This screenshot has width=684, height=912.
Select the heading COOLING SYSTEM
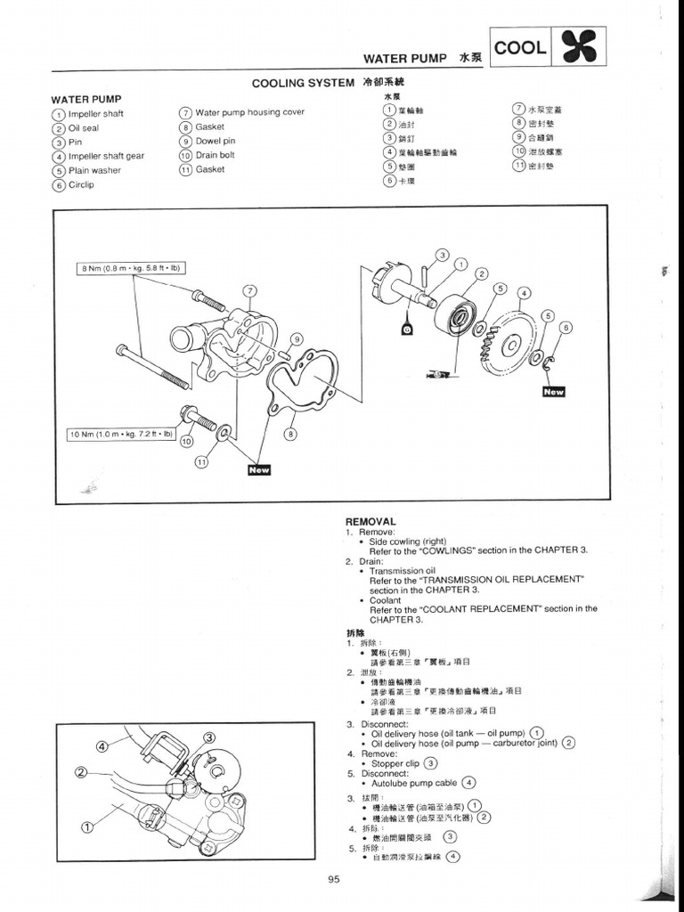click(303, 83)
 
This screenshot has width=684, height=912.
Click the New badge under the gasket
click(258, 469)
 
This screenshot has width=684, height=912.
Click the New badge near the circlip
click(553, 391)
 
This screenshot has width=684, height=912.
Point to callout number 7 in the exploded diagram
click(250, 291)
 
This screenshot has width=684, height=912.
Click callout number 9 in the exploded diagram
click(297, 338)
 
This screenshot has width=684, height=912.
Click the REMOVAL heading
click(370, 521)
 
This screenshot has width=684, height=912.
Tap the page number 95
click(334, 880)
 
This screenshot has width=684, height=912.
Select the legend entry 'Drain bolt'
click(215, 155)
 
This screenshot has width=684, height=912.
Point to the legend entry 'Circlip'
click(81, 185)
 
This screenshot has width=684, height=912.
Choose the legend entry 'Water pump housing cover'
click(249, 112)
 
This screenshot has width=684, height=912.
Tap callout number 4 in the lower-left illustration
click(102, 745)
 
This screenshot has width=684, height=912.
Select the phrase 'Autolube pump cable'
click(414, 783)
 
